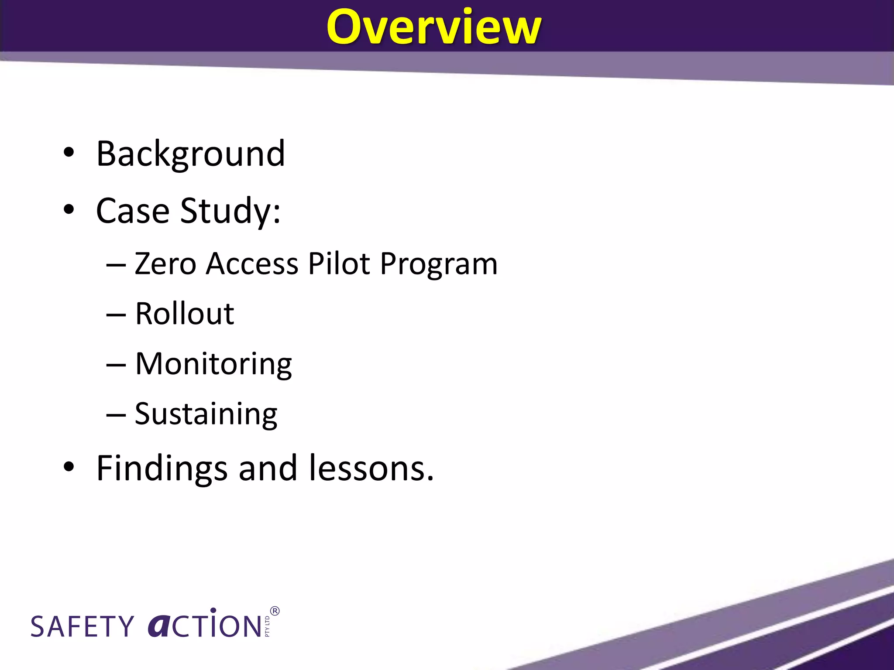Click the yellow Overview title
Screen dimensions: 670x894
[x=433, y=27]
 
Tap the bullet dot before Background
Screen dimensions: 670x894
[x=69, y=153]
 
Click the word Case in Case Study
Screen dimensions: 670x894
[x=133, y=211]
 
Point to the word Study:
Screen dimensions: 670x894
[x=230, y=211]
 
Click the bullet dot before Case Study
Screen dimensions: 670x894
[x=69, y=210]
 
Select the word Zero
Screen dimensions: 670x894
[x=165, y=263]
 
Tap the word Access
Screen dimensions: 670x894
[x=252, y=263]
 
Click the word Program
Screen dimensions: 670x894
[x=438, y=264]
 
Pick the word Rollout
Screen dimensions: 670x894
[x=184, y=314]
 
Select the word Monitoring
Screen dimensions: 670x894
[x=213, y=364]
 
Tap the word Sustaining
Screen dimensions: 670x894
[x=206, y=414]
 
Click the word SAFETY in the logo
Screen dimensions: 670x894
[x=82, y=627]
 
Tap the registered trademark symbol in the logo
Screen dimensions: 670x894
[x=275, y=611]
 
